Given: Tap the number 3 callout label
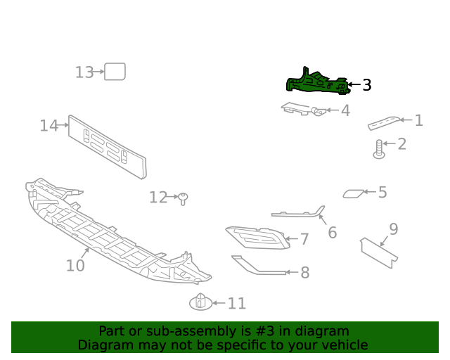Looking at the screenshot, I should (x=366, y=85).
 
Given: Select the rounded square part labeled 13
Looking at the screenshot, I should (x=115, y=72).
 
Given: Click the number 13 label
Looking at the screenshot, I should (x=84, y=72).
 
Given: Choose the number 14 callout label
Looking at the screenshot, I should (x=49, y=126).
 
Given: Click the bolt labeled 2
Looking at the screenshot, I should (x=379, y=148).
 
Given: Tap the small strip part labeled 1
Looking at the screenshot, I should (x=384, y=123).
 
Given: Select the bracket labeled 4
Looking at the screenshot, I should (x=302, y=109).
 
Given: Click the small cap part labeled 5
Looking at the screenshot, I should (x=354, y=193).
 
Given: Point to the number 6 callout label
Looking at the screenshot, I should (x=332, y=232).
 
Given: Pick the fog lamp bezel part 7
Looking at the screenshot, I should (x=257, y=238).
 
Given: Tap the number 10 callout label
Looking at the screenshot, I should (x=75, y=266).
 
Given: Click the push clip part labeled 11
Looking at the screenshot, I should (x=200, y=302).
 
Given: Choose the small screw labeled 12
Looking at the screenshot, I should (x=183, y=198).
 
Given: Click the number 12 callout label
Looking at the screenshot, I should (x=158, y=198).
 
